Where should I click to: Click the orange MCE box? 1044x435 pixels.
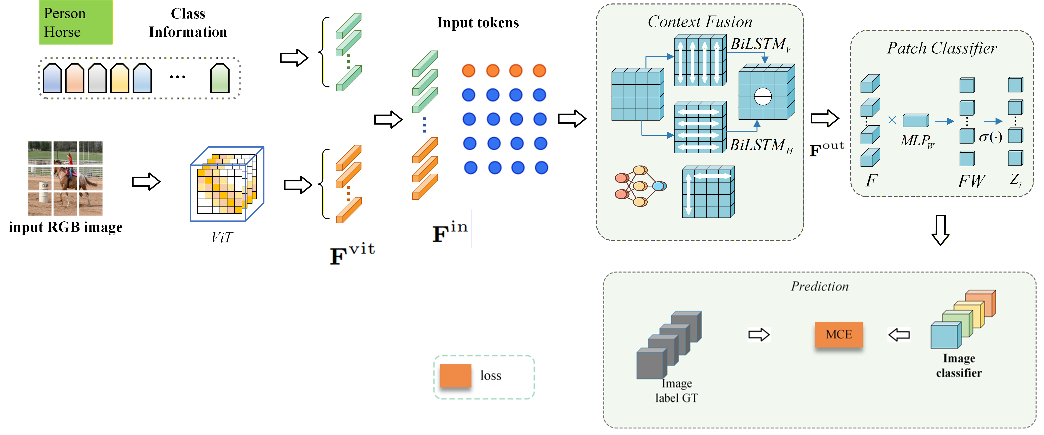click(839, 334)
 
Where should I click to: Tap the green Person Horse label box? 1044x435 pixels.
click(76, 22)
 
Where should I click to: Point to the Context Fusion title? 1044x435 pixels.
click(700, 21)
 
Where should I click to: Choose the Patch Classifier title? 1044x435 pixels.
click(942, 48)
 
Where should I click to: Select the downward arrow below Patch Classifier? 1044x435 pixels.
click(940, 230)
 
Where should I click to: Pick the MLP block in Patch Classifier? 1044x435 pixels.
click(916, 121)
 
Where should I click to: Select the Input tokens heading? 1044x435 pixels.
click(478, 23)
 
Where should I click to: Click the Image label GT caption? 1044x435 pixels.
click(676, 390)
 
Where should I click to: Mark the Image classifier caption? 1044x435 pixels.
click(959, 366)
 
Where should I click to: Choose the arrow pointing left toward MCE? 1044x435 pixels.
click(899, 335)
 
